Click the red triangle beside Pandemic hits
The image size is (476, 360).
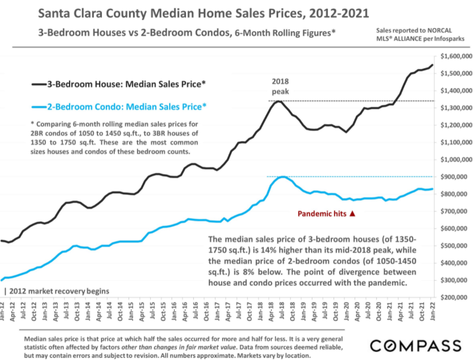click(352, 213)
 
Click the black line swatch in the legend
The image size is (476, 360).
click(39, 84)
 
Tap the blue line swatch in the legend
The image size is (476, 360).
click(39, 106)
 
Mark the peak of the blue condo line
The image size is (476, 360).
click(283, 177)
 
